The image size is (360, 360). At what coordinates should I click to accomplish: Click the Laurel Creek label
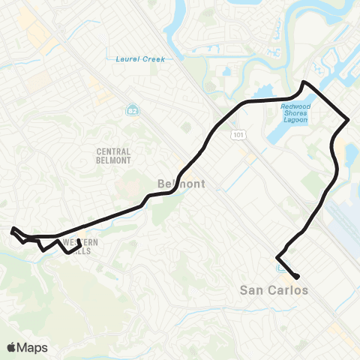coord(140,58)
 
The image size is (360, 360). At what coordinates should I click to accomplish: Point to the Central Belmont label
coord(114,155)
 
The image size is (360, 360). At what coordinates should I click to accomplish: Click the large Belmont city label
coord(178,183)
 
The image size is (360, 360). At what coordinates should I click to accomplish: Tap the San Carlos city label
coord(273,289)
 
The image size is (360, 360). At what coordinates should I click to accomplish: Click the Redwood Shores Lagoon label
coord(301,114)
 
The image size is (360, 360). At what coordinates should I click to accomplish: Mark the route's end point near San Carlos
coord(298,276)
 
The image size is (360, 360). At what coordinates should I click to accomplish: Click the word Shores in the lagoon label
coord(301,114)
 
